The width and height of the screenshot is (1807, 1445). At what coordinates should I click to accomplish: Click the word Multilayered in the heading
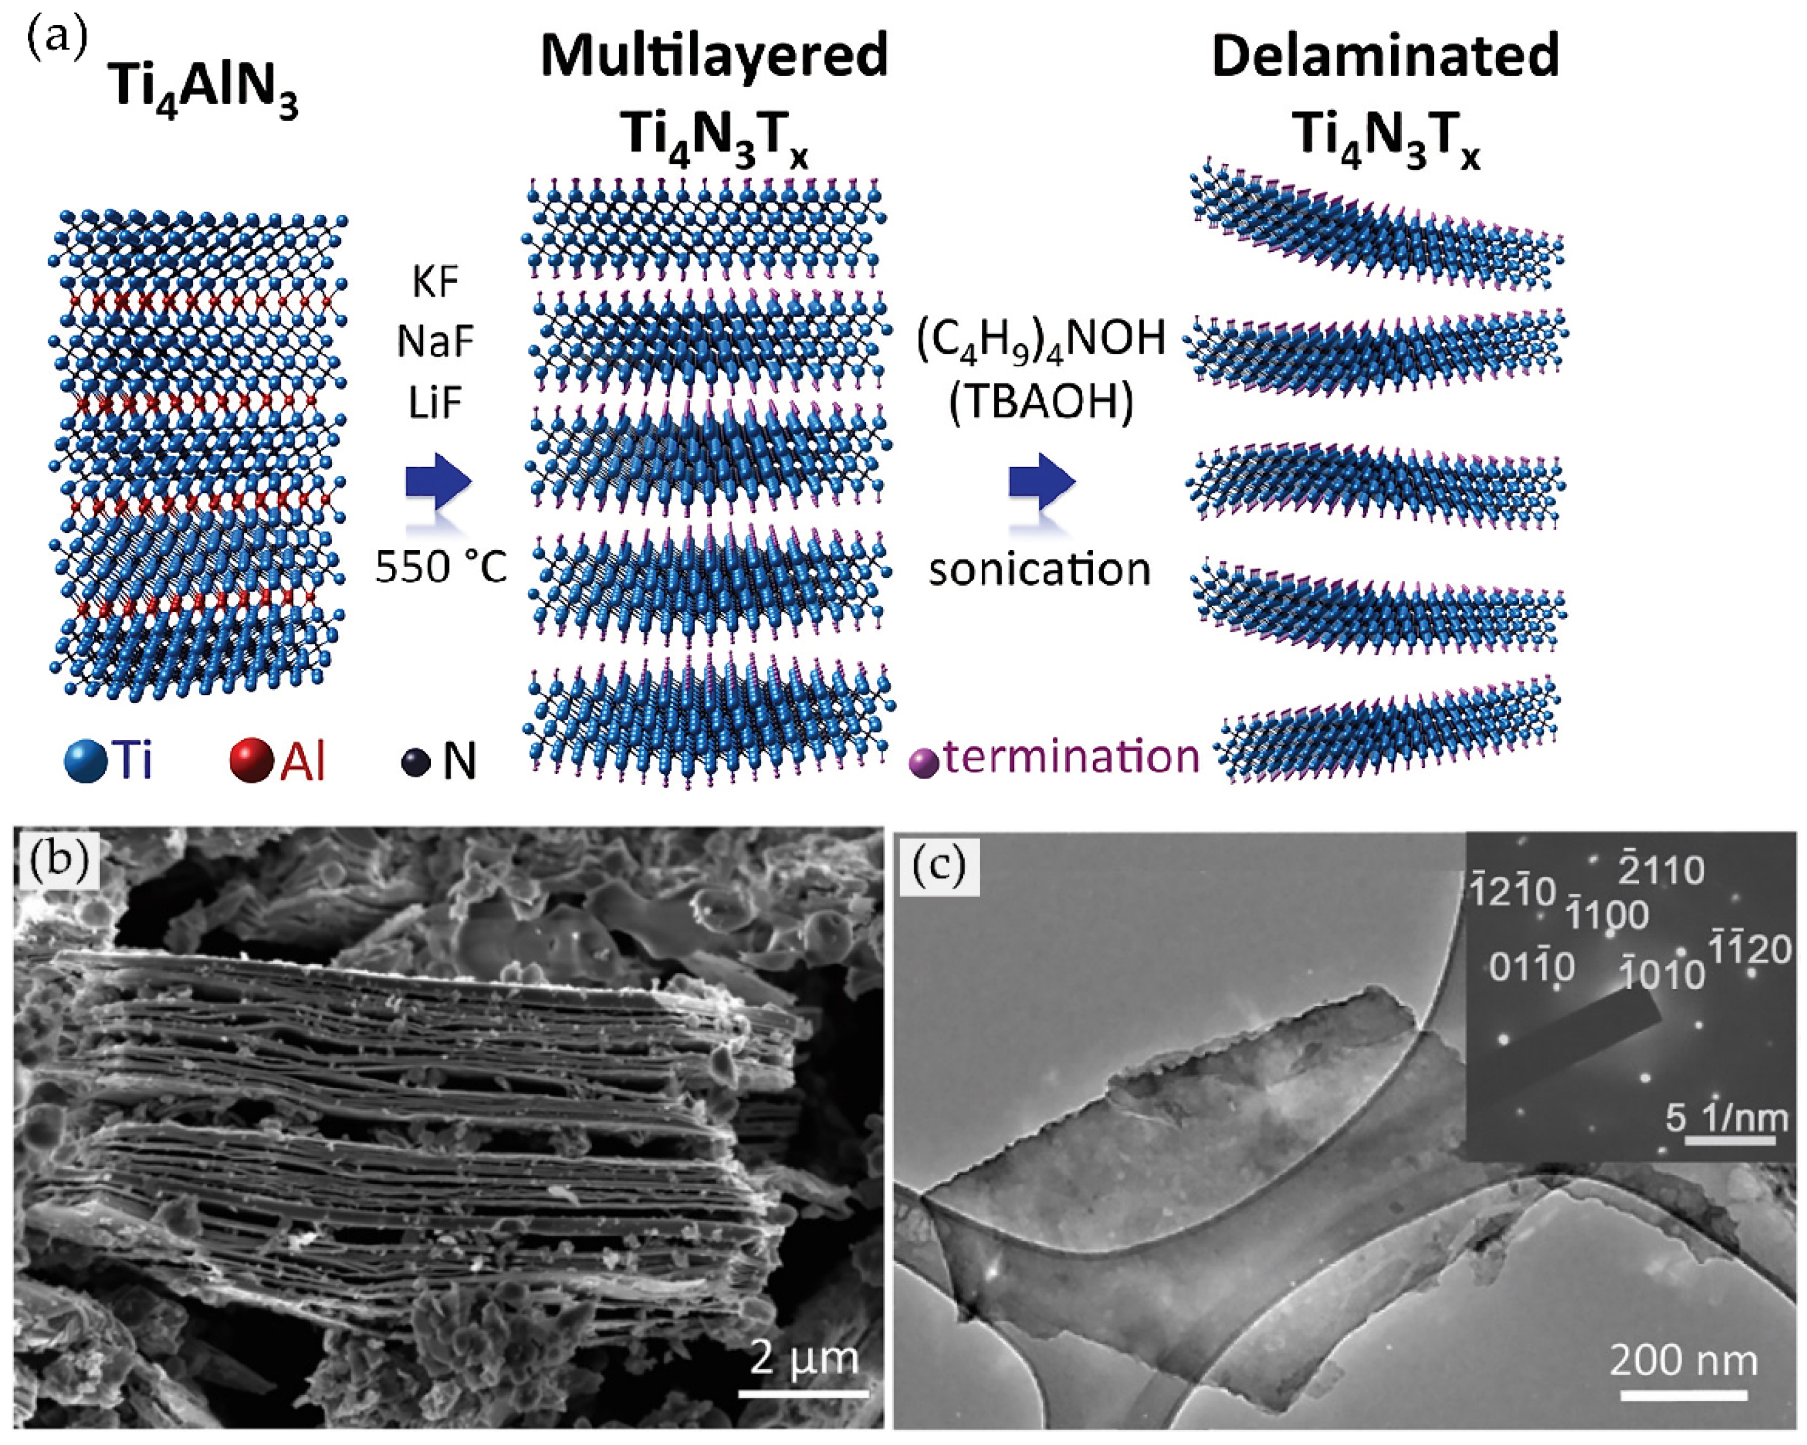713,57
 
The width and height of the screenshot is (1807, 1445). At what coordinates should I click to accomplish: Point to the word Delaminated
1385,57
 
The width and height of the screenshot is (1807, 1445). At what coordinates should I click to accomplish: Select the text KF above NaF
435,282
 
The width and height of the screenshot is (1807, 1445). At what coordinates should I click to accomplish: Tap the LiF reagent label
435,404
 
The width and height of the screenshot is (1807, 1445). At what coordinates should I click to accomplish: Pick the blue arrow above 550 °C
438,483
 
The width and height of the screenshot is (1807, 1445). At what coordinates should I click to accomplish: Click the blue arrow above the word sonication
1041,483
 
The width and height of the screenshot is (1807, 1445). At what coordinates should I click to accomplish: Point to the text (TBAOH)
1041,403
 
